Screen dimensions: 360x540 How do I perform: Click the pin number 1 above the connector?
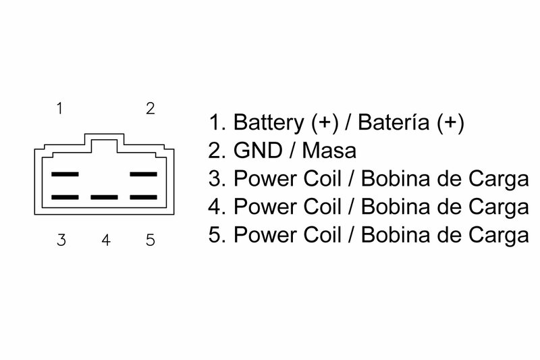click(x=60, y=108)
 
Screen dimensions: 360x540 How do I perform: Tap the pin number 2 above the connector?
click(x=151, y=108)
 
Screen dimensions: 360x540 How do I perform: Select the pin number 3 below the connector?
click(x=61, y=240)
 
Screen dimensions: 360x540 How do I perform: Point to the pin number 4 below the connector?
click(x=106, y=240)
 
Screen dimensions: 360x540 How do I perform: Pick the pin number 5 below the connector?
click(x=150, y=240)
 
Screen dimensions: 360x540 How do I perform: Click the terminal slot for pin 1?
click(x=65, y=174)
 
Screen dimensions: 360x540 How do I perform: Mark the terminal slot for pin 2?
click(x=143, y=174)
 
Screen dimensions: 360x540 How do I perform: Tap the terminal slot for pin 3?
click(x=65, y=198)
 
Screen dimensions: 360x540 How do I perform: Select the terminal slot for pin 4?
click(x=104, y=198)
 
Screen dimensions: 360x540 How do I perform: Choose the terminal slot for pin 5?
click(x=143, y=198)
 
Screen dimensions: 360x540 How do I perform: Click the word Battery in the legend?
click(x=268, y=123)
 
